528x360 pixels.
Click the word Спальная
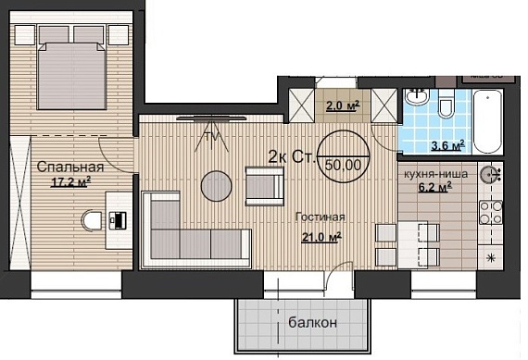coord(70,167)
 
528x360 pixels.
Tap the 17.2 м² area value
coord(70,182)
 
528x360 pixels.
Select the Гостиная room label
coord(320,217)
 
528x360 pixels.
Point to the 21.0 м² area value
coord(321,237)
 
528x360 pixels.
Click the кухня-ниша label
coord(435,174)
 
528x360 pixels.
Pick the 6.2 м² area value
coord(435,187)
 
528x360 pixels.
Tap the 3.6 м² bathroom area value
coord(448,145)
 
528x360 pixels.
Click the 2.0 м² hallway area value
coord(343,106)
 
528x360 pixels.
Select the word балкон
coord(312,322)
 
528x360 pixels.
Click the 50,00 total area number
coord(343,165)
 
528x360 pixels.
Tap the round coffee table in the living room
coord(216,186)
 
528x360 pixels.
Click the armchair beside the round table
coord(264,186)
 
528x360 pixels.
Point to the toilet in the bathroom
coord(446,104)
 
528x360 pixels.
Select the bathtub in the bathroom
coord(487,121)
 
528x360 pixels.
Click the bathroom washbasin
coord(417,97)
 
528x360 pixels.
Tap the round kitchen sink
coord(489,175)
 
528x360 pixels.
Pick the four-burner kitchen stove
coord(491,212)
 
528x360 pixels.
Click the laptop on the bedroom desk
coord(118,220)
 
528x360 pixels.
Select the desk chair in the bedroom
coord(92,220)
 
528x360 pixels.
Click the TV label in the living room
coord(212,137)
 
